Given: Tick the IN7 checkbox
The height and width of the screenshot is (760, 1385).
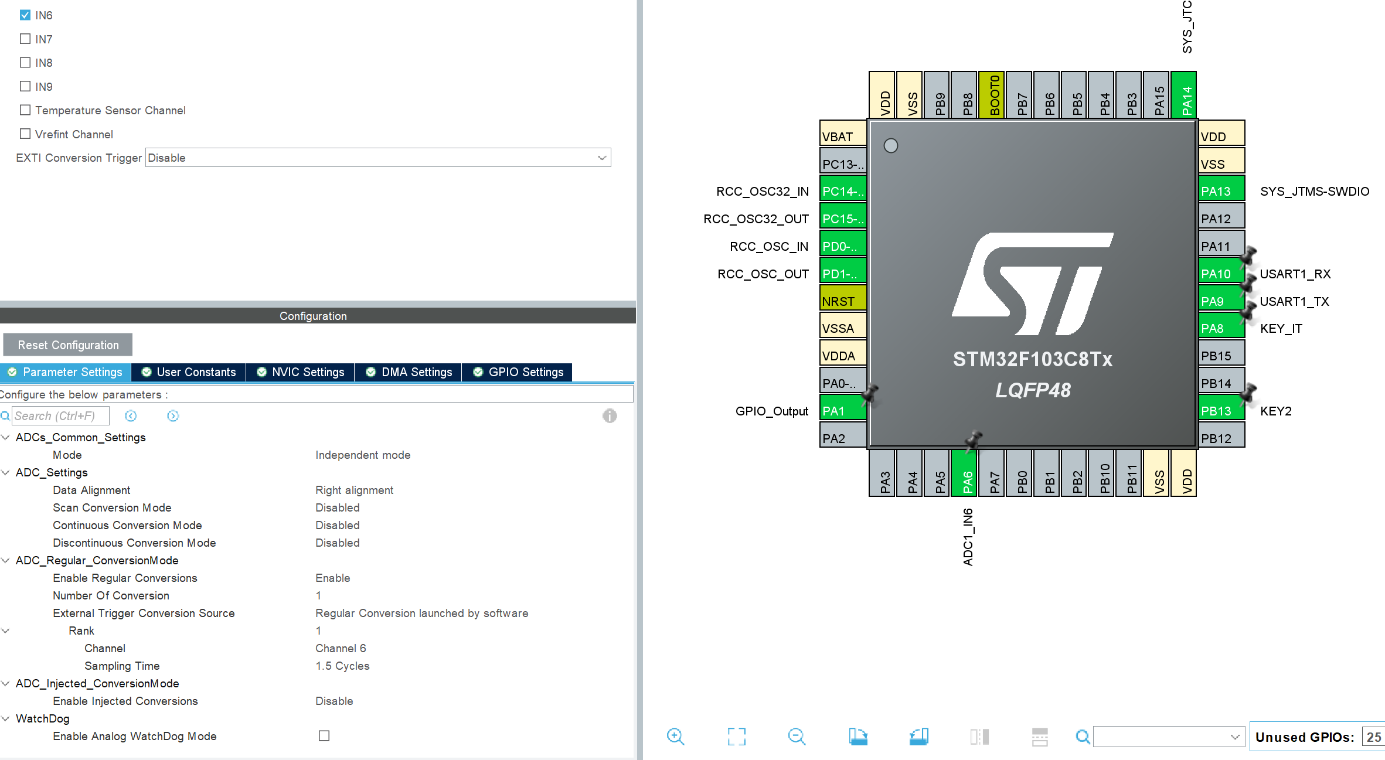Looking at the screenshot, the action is coord(25,39).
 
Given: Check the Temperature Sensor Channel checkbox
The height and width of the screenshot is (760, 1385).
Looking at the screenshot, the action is coord(25,110).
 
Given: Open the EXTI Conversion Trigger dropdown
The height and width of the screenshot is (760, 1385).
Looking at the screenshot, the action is coord(378,158).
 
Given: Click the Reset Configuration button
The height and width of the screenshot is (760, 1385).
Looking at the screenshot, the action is coord(68,345).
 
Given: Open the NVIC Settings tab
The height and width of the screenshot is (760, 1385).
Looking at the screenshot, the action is coord(301,372).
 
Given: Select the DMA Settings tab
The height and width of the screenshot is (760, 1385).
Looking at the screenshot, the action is coord(409,372).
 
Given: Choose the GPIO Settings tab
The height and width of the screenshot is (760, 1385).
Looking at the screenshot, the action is coord(518,372).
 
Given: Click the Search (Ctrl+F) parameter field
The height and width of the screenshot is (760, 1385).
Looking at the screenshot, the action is coord(60,416).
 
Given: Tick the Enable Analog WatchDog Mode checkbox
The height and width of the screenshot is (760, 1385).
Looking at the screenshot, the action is coord(324,736).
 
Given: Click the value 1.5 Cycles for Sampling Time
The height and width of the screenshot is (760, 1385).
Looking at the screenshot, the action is coord(342,666).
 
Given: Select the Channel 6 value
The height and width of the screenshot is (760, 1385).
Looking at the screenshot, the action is coord(341,648).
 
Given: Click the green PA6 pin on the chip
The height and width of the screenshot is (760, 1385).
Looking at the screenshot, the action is coord(968,473).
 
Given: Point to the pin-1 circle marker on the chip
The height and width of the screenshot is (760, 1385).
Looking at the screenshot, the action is coord(891,145).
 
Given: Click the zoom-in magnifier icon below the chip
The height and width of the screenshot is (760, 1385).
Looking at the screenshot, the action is coord(675,737).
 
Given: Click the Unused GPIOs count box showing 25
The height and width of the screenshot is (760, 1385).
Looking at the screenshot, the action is coord(1373,737).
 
